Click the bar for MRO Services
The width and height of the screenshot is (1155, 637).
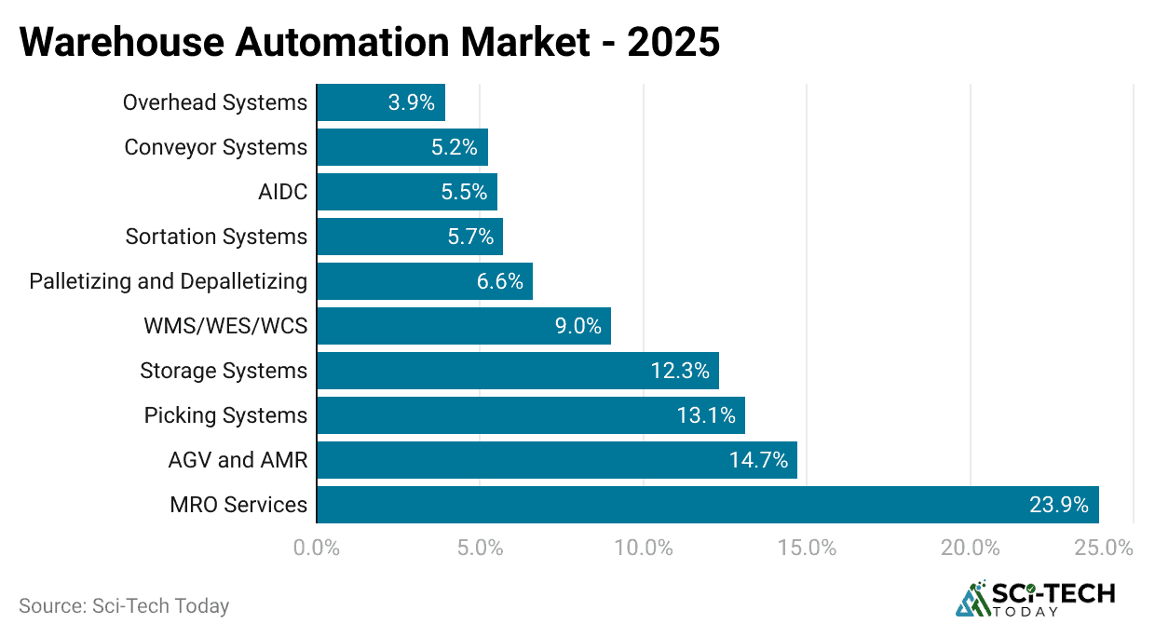tap(708, 505)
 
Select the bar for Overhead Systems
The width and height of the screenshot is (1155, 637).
tap(381, 102)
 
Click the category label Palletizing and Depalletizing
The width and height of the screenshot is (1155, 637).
tap(168, 281)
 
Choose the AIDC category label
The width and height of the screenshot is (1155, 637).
tap(282, 192)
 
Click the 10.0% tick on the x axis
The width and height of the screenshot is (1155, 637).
tap(644, 548)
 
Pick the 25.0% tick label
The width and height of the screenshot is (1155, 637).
tap(1103, 548)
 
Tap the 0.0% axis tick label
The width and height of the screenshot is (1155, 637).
tap(317, 548)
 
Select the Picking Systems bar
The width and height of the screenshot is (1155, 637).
tap(531, 415)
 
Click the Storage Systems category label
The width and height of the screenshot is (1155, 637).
tap(224, 371)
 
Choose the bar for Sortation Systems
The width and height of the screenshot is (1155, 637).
tap(410, 237)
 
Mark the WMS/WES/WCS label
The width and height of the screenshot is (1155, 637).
tap(225, 326)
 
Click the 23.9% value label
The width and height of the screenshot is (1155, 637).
tap(1059, 505)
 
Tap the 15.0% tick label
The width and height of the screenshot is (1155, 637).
tap(807, 548)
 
